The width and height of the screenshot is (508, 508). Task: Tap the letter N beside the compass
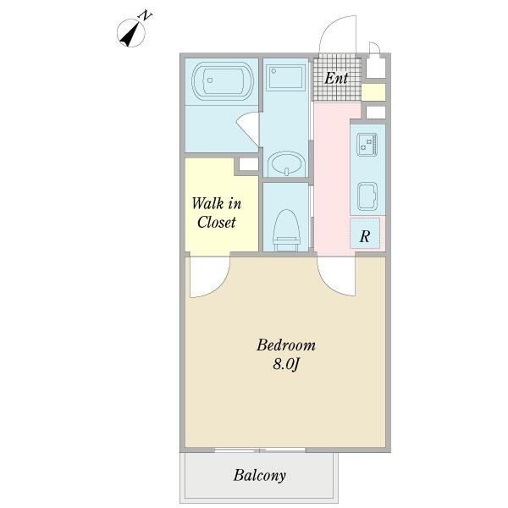pyautogui.click(x=146, y=15)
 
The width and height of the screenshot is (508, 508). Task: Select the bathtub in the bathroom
pyautogui.click(x=222, y=80)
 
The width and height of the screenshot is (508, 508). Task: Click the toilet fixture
pyautogui.click(x=286, y=230)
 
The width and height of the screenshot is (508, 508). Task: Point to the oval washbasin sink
pyautogui.click(x=287, y=163)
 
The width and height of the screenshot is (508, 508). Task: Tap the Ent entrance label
pyautogui.click(x=336, y=78)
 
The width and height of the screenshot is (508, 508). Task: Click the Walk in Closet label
pyautogui.click(x=216, y=213)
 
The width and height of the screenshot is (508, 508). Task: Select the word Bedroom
pyautogui.click(x=286, y=345)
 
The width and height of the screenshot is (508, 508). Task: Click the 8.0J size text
pyautogui.click(x=286, y=364)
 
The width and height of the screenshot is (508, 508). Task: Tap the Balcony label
pyautogui.click(x=260, y=476)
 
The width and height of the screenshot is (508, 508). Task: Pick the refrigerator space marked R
pyautogui.click(x=365, y=234)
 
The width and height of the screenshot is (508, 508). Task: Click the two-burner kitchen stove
pyautogui.click(x=367, y=145)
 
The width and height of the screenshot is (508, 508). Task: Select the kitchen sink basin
pyautogui.click(x=367, y=196)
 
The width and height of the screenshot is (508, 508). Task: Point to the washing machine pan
pyautogui.click(x=285, y=78)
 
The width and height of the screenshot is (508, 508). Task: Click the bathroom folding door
pyautogui.click(x=249, y=129)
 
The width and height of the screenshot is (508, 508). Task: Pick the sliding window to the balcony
pyautogui.click(x=260, y=450)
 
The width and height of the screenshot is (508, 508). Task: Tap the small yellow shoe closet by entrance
pyautogui.click(x=373, y=92)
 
